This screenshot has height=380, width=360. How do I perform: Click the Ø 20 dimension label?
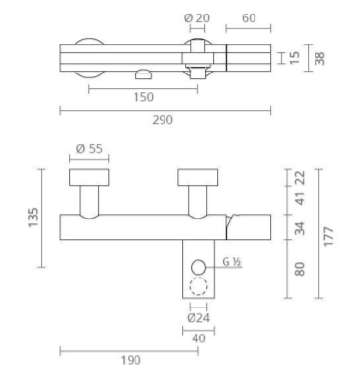pyautogui.click(x=196, y=17)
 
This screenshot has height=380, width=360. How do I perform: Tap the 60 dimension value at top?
pyautogui.click(x=249, y=18)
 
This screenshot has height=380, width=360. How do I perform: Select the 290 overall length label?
pyautogui.click(x=163, y=120)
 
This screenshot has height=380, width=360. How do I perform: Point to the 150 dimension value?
pyautogui.click(x=143, y=97)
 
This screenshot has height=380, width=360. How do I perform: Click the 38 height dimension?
pyautogui.click(x=319, y=58)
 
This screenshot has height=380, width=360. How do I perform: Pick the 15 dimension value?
pyautogui.click(x=294, y=58)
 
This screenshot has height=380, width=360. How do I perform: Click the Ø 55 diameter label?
pyautogui.click(x=89, y=149)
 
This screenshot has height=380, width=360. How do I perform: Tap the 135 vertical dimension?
pyautogui.click(x=33, y=218)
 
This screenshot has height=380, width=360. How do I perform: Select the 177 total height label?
pyautogui.click(x=328, y=237)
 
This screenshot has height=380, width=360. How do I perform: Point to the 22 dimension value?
pyautogui.click(x=300, y=177)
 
